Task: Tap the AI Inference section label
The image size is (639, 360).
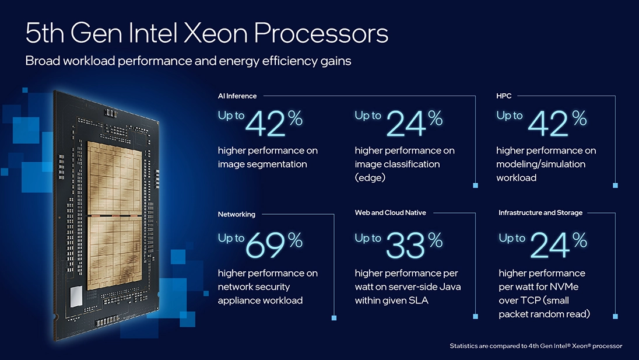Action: click(237, 96)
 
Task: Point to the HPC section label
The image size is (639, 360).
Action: click(504, 96)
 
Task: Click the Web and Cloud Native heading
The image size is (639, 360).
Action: click(390, 213)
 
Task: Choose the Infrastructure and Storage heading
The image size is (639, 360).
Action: click(540, 213)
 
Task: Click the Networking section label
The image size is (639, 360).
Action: click(236, 214)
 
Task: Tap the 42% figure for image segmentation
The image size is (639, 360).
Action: click(266, 123)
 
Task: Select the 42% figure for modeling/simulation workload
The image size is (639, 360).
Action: click(549, 123)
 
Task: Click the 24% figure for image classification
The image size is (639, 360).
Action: click(405, 123)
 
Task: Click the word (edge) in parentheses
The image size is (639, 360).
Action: click(370, 178)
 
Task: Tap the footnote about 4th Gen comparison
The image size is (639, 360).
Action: click(535, 346)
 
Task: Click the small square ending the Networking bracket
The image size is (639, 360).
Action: click(334, 318)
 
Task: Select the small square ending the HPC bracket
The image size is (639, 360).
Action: click(615, 186)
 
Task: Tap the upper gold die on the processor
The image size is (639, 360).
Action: click(114, 178)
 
